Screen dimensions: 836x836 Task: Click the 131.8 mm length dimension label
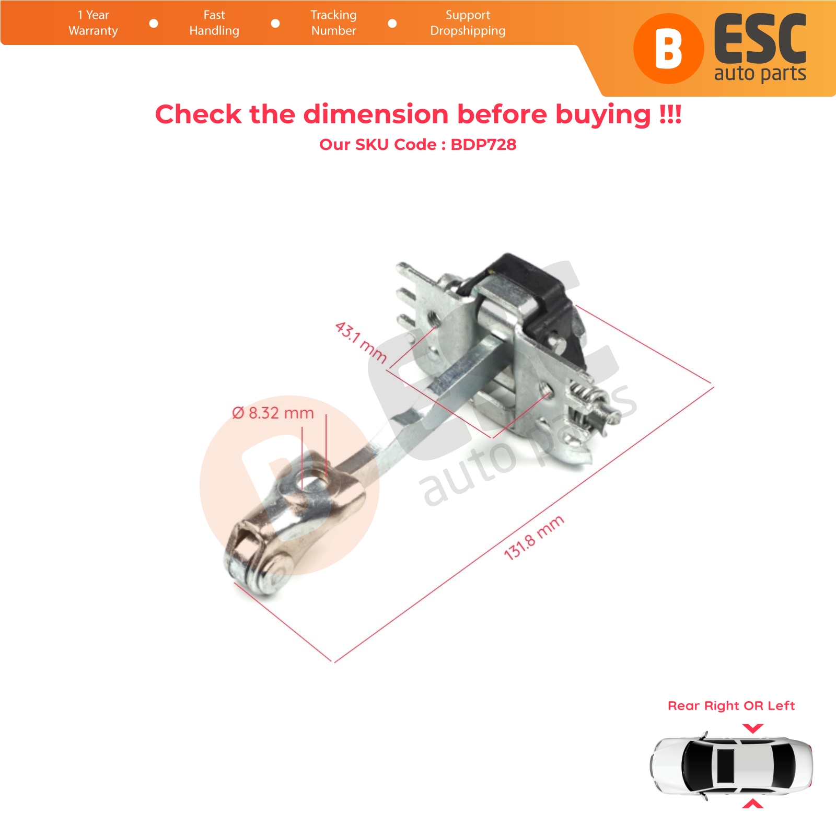533,537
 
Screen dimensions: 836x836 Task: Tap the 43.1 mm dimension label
361,342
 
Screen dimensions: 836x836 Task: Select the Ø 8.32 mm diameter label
273,413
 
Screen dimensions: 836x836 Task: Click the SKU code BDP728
483,145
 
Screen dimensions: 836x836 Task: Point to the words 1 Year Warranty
93,23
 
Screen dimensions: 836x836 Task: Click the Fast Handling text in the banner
214,23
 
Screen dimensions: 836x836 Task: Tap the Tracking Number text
333,23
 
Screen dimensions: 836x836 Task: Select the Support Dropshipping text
468,23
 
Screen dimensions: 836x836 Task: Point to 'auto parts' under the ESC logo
760,74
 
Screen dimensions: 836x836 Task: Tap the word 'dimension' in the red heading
376,114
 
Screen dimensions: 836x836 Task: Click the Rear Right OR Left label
731,706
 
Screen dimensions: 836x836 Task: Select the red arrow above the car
752,728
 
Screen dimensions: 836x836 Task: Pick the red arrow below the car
752,804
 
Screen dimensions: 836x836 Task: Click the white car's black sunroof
725,766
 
